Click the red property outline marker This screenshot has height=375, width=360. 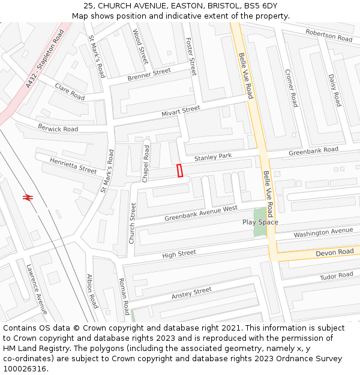179,170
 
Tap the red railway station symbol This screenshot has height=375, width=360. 27,197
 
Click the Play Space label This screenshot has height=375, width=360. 260,222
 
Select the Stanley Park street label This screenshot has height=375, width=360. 213,157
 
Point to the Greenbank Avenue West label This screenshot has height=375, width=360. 201,213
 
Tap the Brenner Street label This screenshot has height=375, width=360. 149,75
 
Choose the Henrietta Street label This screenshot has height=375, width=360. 73,166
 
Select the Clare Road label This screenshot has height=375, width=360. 70,92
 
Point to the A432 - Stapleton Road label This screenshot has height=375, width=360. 45,59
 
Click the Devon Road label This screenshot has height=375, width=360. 334,253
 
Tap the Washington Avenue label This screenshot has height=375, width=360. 323,232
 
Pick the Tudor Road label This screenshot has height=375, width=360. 337,275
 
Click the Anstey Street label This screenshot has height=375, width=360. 191,293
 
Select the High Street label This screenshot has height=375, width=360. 179,254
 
